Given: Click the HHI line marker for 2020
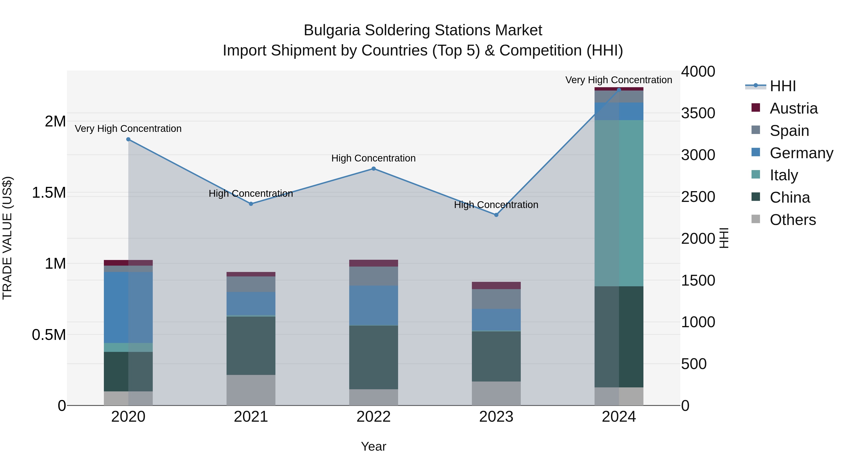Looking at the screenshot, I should [x=128, y=139].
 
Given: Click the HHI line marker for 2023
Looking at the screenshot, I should [x=496, y=215].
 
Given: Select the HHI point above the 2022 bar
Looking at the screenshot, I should [x=373, y=169].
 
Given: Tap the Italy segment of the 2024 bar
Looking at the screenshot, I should [x=619, y=203].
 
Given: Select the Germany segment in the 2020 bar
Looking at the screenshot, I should [x=128, y=307].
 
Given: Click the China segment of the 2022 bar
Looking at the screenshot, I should [x=373, y=357].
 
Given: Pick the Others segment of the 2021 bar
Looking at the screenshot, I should [x=251, y=390].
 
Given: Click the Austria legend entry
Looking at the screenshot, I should [x=793, y=108].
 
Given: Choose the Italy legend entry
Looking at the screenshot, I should [x=783, y=175].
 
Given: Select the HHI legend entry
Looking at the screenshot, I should [x=782, y=86].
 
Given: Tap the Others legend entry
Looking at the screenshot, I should [x=792, y=220].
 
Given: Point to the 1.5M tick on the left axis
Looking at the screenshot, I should [x=49, y=193].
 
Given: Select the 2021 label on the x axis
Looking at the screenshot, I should [x=251, y=417].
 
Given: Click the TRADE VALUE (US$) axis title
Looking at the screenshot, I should [x=7, y=238].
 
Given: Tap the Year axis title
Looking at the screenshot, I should [x=373, y=446].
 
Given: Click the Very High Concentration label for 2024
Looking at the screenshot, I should [x=619, y=80].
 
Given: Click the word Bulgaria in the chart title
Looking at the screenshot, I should [x=332, y=30].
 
